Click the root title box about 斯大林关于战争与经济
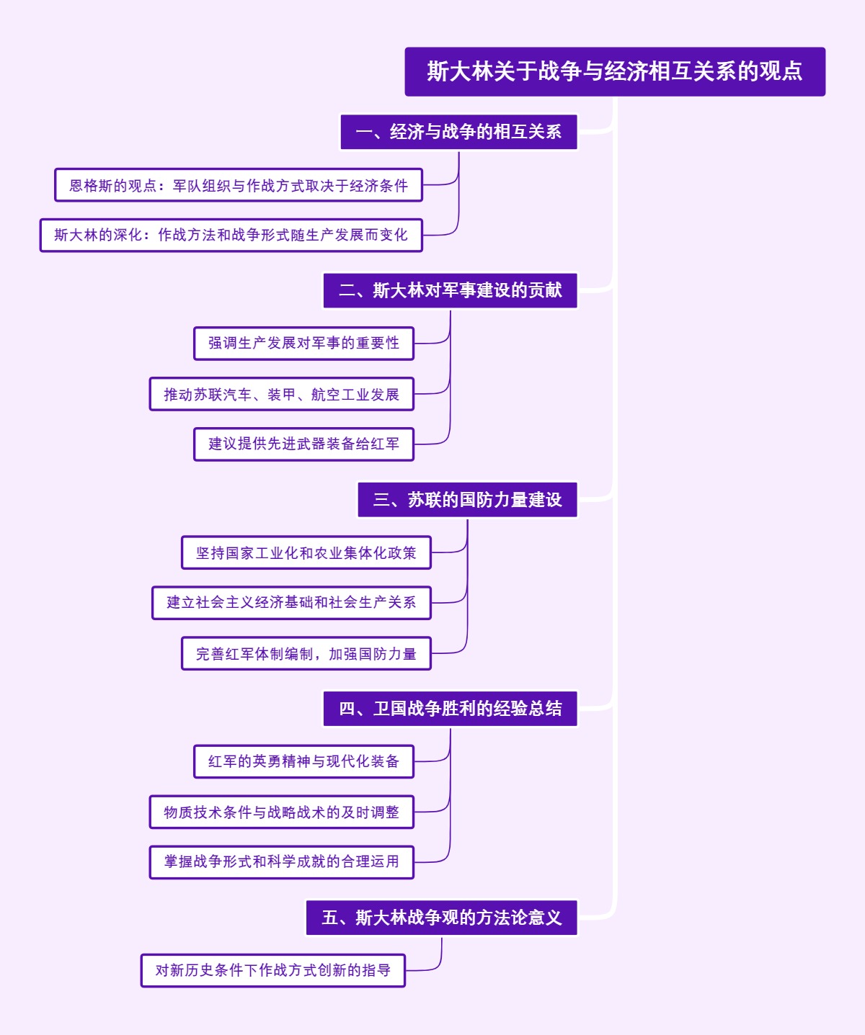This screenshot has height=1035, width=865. (x=615, y=71)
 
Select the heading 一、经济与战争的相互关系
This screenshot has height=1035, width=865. (x=458, y=132)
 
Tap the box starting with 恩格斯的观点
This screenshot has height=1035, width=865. (x=238, y=186)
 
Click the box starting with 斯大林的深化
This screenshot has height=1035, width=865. (x=231, y=235)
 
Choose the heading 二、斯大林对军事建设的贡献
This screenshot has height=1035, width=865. (x=450, y=290)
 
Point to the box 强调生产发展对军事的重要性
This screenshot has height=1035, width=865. (x=303, y=344)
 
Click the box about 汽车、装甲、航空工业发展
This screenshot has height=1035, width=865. (x=281, y=395)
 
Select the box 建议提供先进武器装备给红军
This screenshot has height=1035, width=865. (x=303, y=444)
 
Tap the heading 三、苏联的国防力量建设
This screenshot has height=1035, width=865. (x=467, y=500)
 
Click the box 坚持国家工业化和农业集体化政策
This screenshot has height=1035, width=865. (x=306, y=553)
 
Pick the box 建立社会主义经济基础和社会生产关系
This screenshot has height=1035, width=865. (x=291, y=602)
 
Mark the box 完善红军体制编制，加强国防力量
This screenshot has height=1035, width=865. (x=306, y=654)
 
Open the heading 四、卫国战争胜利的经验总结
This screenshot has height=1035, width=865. (x=450, y=709)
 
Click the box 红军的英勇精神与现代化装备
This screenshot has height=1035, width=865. (x=303, y=761)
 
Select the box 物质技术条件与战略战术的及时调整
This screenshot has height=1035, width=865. (x=281, y=812)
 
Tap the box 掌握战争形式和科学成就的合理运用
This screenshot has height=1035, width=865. (x=281, y=861)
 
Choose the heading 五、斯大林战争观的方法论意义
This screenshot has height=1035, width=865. (x=441, y=918)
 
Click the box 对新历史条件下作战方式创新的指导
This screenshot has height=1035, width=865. (x=272, y=970)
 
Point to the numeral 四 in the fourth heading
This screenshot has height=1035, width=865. (x=347, y=709)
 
